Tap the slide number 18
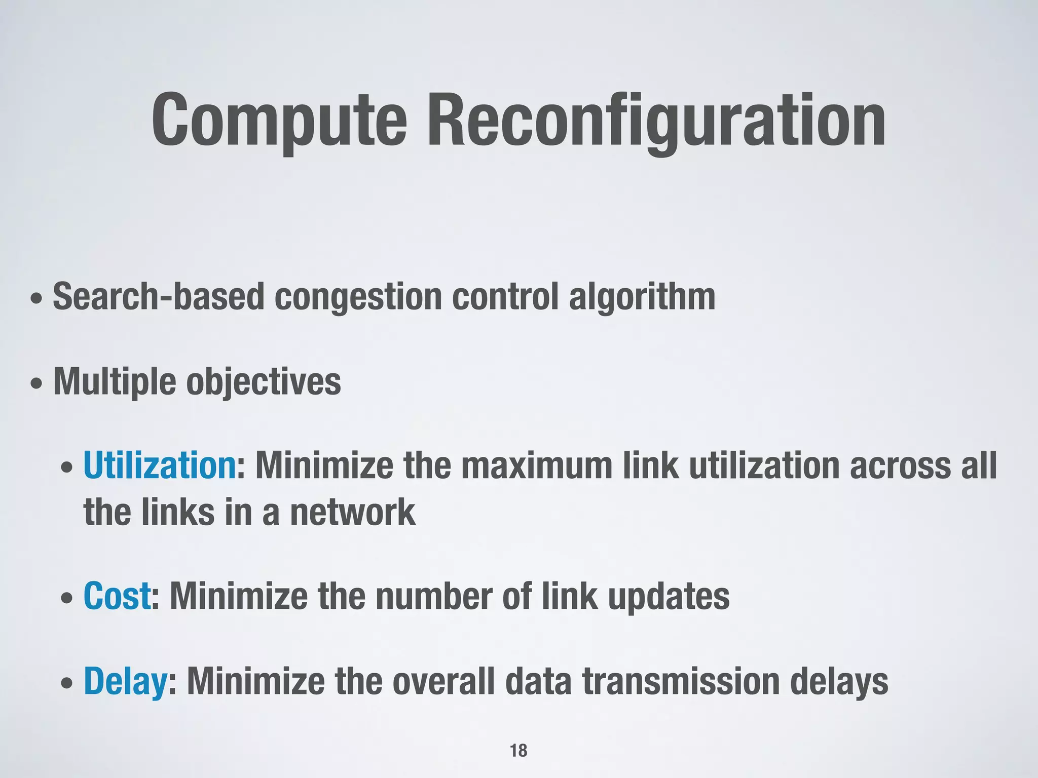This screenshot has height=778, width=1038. tap(518, 750)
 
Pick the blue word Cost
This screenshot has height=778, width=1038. tap(117, 596)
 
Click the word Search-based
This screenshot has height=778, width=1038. tap(158, 297)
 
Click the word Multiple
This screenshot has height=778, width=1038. tap(115, 382)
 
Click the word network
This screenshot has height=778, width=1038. tap(352, 513)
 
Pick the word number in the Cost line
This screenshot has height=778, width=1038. tap(434, 597)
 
